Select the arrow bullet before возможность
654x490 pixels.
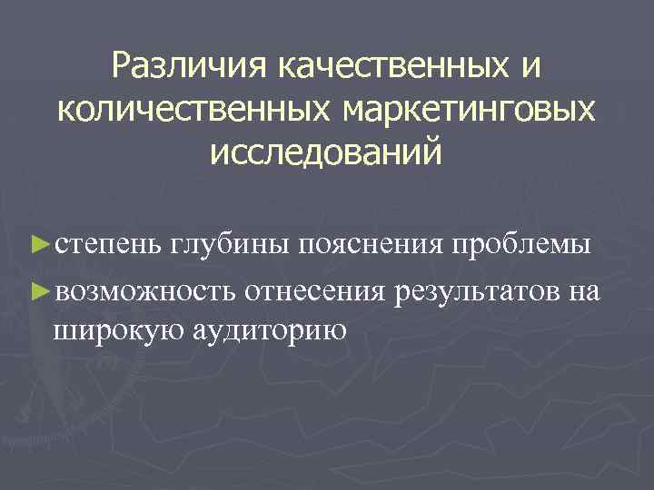tap(37, 289)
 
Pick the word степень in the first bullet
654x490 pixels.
tap(107, 246)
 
